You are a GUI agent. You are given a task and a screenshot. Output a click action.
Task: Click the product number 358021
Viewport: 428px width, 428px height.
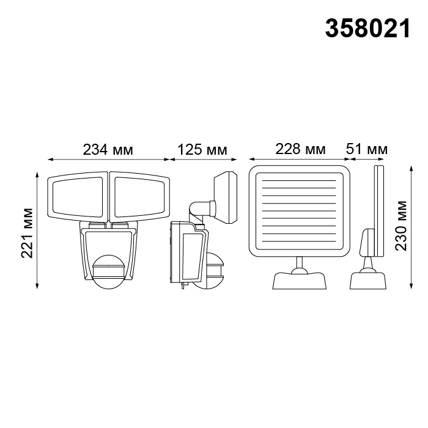coord(367,29)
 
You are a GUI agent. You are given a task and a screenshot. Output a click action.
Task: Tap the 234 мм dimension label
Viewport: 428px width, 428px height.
coord(108,150)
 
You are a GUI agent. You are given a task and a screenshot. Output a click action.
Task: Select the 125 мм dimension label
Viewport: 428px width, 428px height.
coord(202,150)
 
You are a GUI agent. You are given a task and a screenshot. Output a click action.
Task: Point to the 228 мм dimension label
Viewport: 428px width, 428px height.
coord(300,149)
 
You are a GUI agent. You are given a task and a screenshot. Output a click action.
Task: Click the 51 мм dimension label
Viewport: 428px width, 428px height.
coord(367,149)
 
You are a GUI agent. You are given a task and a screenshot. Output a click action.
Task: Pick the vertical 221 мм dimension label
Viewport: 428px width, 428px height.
coord(27,233)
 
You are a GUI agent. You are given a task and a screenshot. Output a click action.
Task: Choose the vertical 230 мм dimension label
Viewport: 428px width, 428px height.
coord(401,226)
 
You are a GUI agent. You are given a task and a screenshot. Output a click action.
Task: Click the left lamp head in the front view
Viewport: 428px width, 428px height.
coord(78,196)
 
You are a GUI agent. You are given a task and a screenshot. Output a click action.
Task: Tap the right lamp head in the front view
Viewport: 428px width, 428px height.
coord(139,196)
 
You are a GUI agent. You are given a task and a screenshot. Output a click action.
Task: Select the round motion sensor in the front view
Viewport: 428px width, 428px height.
coord(109,271)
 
